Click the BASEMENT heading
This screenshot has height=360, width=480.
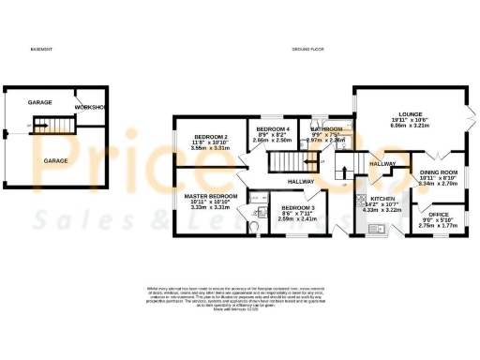point(40,48)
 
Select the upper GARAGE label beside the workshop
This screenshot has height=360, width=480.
point(39,102)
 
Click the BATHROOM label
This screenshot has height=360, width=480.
point(329,128)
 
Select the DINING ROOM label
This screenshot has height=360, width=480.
point(438,172)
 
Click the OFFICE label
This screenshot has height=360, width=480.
point(436,215)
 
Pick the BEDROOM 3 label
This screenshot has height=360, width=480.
point(298,207)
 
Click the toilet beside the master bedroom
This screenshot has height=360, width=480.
point(256,225)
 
